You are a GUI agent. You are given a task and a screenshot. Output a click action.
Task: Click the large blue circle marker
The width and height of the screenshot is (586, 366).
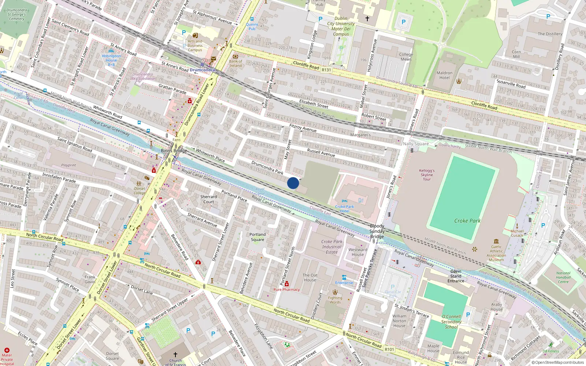pyautogui.click(x=293, y=183)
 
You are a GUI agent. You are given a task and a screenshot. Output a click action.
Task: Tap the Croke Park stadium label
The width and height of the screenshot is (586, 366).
pyautogui.click(x=467, y=221)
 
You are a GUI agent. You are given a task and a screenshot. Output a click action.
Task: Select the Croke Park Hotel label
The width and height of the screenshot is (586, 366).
pyautogui.click(x=344, y=209)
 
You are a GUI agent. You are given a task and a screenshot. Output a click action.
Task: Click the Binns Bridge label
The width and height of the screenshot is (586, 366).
pyautogui.click(x=174, y=150)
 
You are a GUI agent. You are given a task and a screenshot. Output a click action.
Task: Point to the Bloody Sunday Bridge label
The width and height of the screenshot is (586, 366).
pyautogui.click(x=377, y=231)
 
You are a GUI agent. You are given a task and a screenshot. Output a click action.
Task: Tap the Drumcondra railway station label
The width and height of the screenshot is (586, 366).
pyautogui.click(x=202, y=70)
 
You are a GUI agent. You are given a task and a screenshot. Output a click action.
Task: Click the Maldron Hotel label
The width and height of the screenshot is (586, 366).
pyautogui.click(x=444, y=75)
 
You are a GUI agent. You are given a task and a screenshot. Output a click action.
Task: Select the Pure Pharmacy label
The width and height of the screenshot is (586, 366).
pyautogui.click(x=286, y=290)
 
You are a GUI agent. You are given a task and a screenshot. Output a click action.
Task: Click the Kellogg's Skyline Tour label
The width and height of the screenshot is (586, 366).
pyautogui.click(x=427, y=175)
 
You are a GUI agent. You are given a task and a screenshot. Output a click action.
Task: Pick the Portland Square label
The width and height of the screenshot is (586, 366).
pyautogui.click(x=257, y=237)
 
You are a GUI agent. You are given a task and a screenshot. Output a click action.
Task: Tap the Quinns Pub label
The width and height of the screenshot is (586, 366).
pyautogui.click(x=252, y=26)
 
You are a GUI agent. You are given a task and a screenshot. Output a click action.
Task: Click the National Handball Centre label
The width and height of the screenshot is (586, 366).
pyautogui.click(x=563, y=277)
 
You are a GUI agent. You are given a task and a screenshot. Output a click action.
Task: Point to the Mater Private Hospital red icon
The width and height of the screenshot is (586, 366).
pyautogui.click(x=7, y=350)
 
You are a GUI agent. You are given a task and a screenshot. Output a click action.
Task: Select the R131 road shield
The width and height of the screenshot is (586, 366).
pyautogui.click(x=326, y=70)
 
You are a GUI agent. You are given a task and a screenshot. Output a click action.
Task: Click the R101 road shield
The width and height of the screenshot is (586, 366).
pyautogui.click(x=389, y=349)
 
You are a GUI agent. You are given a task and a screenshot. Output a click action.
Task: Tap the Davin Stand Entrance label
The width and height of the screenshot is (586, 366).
pyautogui.click(x=456, y=276)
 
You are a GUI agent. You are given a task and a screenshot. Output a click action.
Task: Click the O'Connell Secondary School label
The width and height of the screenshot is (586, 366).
pyautogui.click(x=451, y=321)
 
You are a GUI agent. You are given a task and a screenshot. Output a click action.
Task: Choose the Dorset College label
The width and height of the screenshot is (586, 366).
pyautogui.click(x=139, y=191)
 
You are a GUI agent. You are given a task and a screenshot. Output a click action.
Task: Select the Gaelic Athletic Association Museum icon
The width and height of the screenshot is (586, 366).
pyautogui.click(x=496, y=241)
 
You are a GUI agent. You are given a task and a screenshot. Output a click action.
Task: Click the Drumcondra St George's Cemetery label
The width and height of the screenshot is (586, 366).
pyautogui.click(x=17, y=14)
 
